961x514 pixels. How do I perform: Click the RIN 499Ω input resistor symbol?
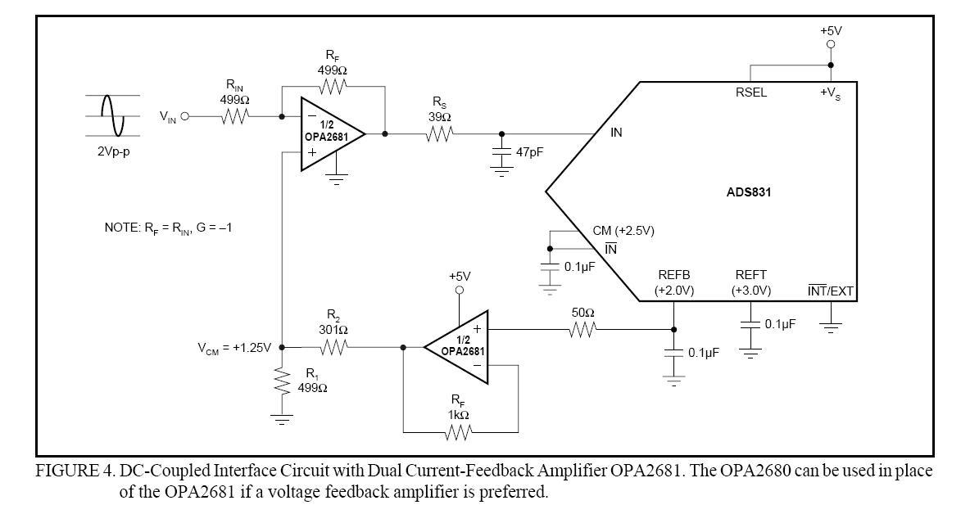[234, 116]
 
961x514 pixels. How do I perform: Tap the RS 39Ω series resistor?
[438, 133]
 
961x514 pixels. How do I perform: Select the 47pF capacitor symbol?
[501, 153]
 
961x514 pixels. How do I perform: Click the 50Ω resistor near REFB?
[582, 329]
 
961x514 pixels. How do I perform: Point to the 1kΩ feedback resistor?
[459, 431]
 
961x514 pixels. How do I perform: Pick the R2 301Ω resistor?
[333, 347]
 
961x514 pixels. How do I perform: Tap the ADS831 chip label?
[748, 193]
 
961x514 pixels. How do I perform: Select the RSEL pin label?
[750, 92]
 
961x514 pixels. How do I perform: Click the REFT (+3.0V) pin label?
[750, 283]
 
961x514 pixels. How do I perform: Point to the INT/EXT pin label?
[830, 291]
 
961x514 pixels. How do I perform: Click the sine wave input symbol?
[112, 115]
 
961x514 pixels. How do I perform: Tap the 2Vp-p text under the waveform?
[114, 152]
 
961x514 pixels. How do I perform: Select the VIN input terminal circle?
[184, 116]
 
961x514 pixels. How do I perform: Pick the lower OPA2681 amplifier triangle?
[459, 347]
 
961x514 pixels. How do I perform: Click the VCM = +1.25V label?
[233, 347]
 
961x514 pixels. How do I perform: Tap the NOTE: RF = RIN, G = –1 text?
[168, 228]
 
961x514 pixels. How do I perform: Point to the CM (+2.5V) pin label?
[623, 231]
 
